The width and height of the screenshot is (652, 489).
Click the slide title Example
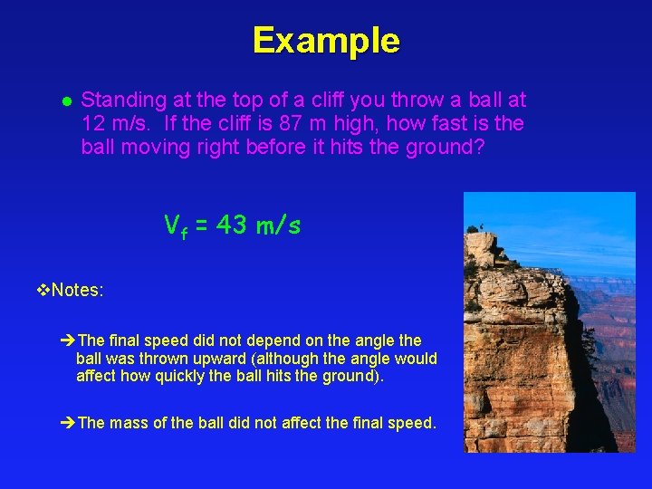[326, 41]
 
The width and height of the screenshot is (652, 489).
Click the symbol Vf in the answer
[176, 226]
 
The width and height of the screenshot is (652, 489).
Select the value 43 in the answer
[231, 225]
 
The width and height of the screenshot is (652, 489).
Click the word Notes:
[78, 291]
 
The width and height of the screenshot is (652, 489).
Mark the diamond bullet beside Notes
[44, 291]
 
